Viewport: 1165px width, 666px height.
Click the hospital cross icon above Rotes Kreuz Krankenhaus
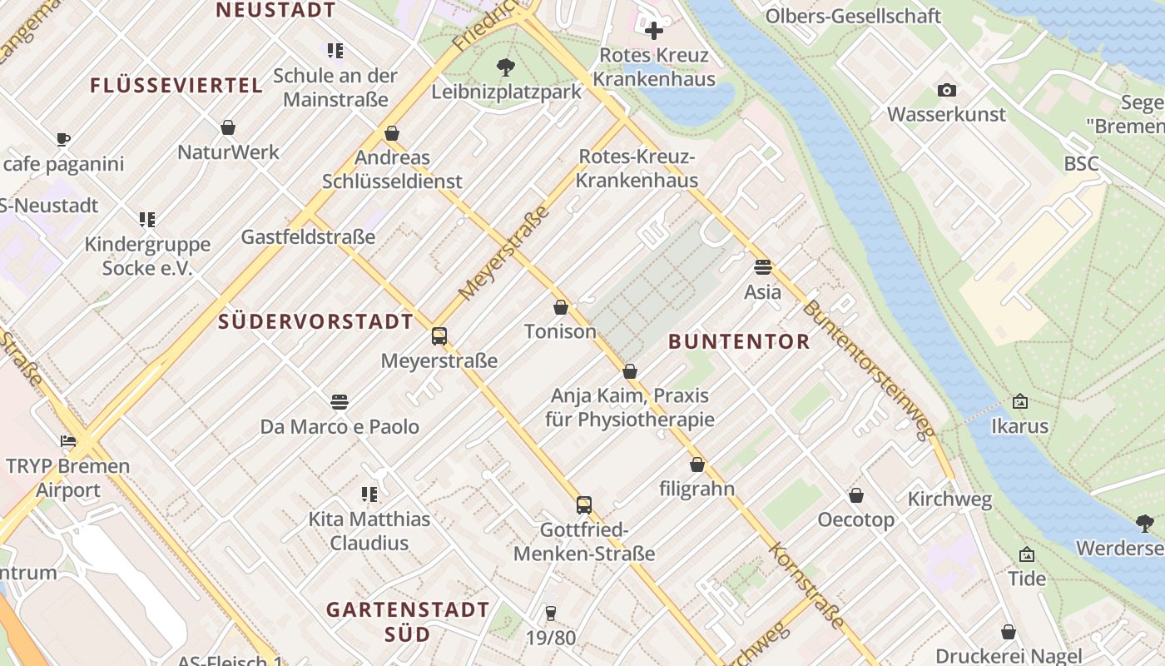[654, 32]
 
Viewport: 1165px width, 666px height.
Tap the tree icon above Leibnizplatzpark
[505, 67]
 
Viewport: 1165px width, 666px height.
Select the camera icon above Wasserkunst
[946, 90]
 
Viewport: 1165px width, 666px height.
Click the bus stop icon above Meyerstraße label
[439, 336]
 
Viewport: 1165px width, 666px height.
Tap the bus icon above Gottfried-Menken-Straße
[584, 504]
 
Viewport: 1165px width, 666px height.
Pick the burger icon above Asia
[762, 267]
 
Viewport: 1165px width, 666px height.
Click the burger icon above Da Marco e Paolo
[339, 402]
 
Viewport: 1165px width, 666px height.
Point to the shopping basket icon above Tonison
[561, 307]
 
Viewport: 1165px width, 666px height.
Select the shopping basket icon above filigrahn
[697, 465]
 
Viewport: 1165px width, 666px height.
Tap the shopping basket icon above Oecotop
[855, 496]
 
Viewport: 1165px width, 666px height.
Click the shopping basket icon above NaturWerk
[228, 127]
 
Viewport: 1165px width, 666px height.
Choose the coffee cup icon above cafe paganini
[63, 139]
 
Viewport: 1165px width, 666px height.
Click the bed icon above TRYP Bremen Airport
[67, 441]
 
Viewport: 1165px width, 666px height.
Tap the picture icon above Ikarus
[1019, 402]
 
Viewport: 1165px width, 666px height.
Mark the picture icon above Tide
[1026, 554]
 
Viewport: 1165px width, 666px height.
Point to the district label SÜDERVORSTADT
[315, 321]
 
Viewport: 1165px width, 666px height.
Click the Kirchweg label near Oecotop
[949, 499]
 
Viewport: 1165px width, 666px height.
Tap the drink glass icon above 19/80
[550, 614]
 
